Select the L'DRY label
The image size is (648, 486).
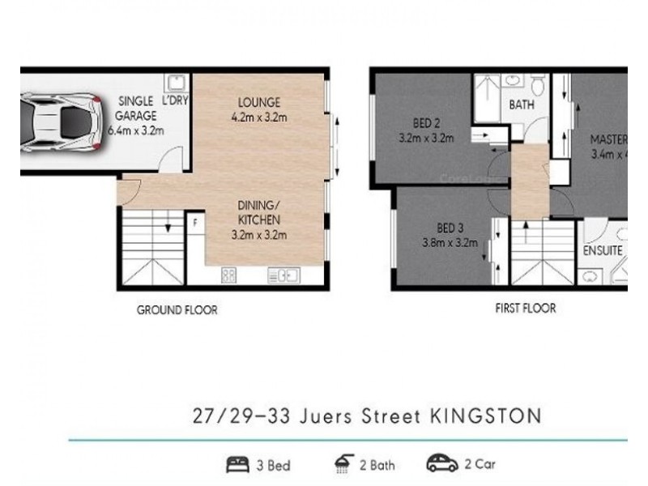pos(175,102)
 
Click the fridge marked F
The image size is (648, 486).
pos(194,221)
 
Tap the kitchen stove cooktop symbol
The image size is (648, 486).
pos(229,276)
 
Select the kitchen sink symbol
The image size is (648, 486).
pos(283,276)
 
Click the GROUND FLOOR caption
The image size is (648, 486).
pos(177,309)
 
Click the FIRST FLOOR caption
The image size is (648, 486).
pos(524,309)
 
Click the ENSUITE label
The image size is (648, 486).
pos(603,251)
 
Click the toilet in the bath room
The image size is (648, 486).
pos(539,83)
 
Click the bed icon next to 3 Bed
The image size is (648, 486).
pos(238,465)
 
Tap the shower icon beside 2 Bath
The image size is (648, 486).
pos(342,464)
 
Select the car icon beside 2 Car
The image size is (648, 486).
pos(442,464)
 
